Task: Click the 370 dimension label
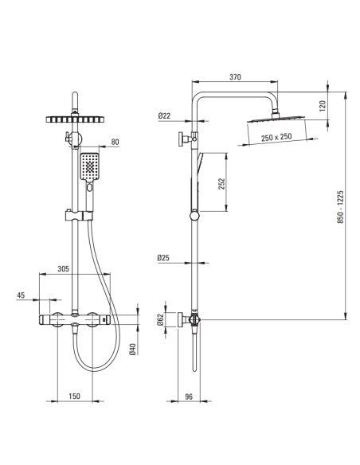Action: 235,76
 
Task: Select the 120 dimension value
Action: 323,106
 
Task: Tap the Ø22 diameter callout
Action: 164,115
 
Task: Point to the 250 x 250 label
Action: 276,137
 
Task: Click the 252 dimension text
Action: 221,184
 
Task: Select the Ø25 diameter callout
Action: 163,258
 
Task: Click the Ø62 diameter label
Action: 160,319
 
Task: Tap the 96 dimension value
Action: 189,397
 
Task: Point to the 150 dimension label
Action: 74,396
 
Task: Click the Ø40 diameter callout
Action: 132,349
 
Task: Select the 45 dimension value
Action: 21,295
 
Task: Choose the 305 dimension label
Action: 63,268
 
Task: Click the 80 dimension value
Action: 115,142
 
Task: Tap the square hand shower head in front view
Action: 89,166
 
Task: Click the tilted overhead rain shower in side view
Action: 276,119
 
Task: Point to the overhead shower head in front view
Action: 76,119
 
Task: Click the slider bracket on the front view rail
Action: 79,216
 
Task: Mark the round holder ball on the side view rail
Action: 195,215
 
